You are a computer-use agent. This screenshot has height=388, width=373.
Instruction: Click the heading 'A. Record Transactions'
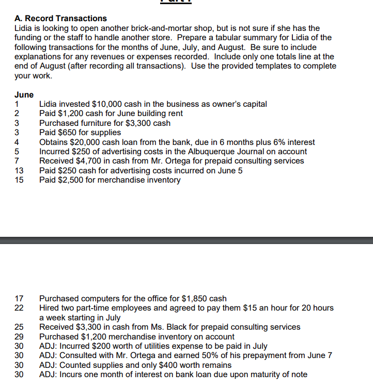tap(60, 19)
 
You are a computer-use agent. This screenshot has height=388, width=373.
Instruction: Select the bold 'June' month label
tap(24, 95)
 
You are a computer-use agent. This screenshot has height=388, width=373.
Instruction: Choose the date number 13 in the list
tap(19, 171)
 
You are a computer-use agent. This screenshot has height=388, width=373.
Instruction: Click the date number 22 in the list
tap(19, 308)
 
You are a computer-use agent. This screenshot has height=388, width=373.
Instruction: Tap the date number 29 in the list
tap(19, 336)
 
